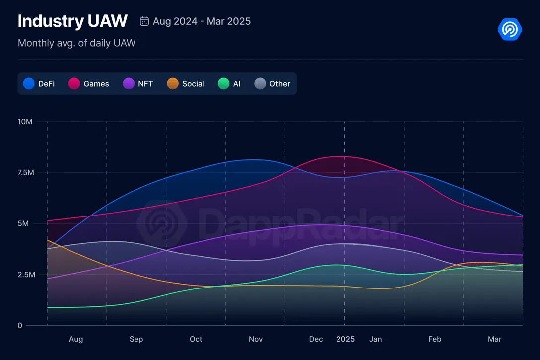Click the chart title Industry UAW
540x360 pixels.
72,21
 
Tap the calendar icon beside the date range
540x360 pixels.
144,21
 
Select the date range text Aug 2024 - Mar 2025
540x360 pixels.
202,21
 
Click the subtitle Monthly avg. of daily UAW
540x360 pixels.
76,43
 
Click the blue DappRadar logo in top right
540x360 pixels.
510,29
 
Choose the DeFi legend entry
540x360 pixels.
40,84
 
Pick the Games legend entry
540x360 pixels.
89,84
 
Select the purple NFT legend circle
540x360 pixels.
129,84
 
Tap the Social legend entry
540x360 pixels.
186,84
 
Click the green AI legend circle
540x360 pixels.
224,84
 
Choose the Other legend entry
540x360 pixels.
272,84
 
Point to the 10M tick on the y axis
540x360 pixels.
25,122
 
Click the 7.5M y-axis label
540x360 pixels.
25,173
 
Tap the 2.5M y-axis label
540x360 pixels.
25,275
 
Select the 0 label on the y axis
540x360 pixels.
20,326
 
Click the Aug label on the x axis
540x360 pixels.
76,339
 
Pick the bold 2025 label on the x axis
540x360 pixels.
345,339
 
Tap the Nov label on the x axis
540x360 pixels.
256,339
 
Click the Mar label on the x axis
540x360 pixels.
494,339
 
